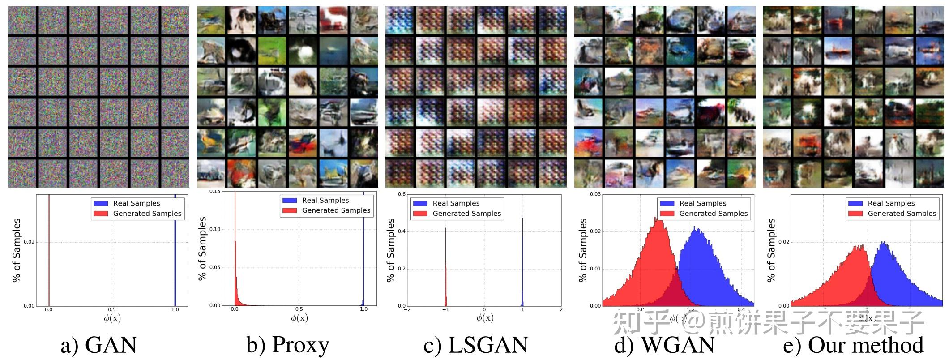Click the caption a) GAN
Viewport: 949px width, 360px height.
(98, 345)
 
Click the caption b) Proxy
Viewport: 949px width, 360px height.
(287, 345)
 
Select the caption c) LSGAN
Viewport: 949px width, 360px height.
(476, 345)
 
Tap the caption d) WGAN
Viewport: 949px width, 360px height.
(664, 345)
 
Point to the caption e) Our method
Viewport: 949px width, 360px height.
(853, 345)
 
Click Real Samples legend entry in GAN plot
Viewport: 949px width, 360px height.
(136, 203)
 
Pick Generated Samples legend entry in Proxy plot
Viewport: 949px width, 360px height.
(336, 210)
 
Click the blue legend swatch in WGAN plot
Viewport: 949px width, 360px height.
(667, 203)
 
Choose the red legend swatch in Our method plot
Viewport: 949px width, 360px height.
(855, 214)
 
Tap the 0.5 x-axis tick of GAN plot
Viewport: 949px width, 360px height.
(112, 309)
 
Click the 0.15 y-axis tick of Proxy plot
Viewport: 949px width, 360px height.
(215, 192)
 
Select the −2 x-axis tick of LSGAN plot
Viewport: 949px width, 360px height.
(407, 309)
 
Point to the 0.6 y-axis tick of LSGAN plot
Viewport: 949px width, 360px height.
(402, 194)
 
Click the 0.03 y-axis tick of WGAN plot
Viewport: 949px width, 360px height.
(595, 194)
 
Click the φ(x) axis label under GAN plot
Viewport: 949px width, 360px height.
(112, 318)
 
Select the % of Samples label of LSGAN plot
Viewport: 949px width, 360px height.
(391, 250)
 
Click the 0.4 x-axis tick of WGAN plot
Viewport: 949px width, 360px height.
(741, 309)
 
